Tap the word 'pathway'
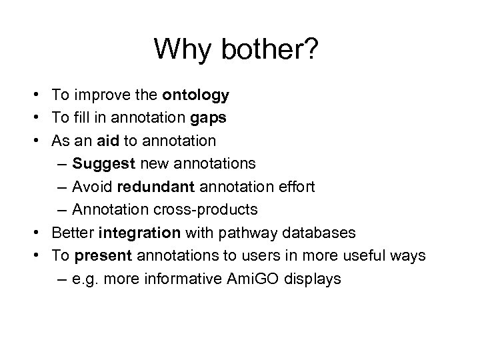coord(241,233)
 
